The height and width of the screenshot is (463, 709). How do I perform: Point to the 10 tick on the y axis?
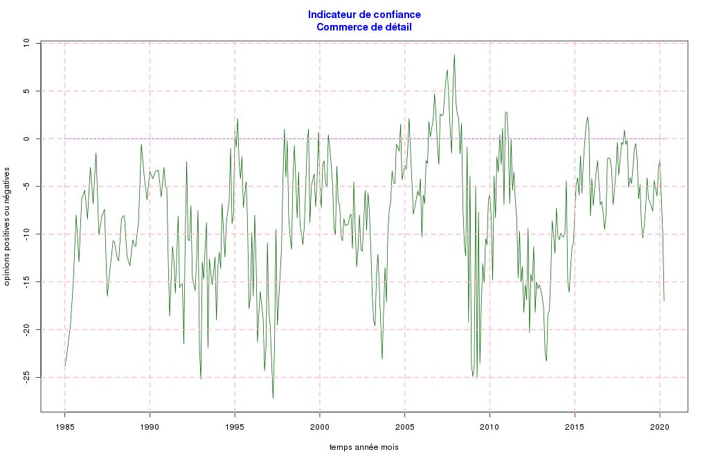(x=28, y=43)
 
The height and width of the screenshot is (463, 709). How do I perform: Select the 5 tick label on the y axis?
(x=28, y=91)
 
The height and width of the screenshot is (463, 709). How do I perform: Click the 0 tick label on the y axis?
(x=28, y=139)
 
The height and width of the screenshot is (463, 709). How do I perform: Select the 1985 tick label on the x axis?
(x=64, y=426)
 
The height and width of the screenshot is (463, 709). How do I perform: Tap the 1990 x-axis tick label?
(x=150, y=426)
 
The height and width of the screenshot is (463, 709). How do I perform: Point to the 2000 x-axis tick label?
(x=319, y=426)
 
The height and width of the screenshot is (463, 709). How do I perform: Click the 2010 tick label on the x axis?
(x=490, y=426)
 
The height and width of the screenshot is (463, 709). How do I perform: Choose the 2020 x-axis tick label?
(x=659, y=426)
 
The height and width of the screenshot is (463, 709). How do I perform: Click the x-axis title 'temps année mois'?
(x=364, y=448)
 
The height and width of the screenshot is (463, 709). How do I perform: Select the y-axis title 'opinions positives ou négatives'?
(x=7, y=226)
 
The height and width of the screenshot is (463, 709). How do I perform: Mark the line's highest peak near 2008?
(x=454, y=55)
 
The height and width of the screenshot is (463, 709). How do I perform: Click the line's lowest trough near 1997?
(x=273, y=398)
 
